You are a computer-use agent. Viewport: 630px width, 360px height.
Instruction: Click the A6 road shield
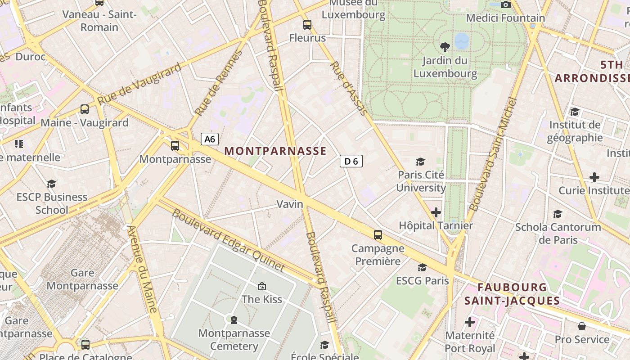[x=210, y=139]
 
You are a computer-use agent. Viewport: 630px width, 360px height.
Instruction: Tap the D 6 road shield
[x=351, y=161]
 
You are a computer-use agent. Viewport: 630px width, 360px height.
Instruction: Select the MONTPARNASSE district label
[x=275, y=151]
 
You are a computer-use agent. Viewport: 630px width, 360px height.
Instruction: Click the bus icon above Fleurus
[x=307, y=25]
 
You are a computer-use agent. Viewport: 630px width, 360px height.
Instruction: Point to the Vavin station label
[x=290, y=204]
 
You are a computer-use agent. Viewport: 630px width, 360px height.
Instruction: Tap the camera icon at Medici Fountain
[x=506, y=4]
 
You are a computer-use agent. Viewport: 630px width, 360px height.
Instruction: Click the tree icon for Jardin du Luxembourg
[x=445, y=47]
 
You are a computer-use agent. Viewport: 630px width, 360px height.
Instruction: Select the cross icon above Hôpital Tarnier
[x=436, y=212]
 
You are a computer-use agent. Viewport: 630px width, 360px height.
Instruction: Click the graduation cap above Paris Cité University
[x=420, y=162]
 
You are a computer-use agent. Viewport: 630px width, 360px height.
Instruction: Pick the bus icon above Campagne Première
[x=378, y=234]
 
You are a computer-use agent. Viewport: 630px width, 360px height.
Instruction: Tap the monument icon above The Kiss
[x=261, y=286]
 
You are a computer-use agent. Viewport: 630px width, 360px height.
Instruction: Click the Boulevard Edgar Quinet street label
[x=229, y=241]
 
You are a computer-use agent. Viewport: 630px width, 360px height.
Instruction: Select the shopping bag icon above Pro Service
[x=582, y=326]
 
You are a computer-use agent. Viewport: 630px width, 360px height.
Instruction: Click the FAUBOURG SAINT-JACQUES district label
[x=512, y=294]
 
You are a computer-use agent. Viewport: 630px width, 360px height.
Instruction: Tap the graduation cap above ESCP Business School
[x=52, y=184]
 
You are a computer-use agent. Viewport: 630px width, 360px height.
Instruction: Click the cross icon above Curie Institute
[x=594, y=177]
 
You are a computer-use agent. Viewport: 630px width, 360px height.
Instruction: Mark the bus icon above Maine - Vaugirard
[x=85, y=109]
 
